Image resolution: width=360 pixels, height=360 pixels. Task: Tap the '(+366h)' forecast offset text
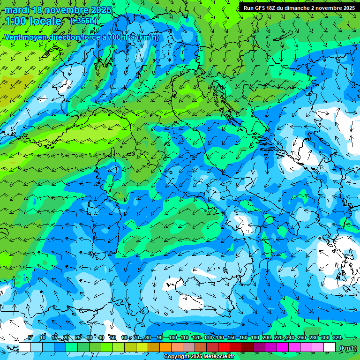[x=83, y=21]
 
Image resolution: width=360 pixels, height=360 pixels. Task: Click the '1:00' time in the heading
[x=15, y=21]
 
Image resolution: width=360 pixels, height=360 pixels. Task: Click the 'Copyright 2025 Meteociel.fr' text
[x=202, y=357]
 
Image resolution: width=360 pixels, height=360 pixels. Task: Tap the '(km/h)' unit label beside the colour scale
[x=347, y=348]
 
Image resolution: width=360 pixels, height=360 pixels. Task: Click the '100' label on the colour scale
[x=172, y=338]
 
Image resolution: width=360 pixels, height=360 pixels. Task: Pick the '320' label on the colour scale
[x=337, y=338]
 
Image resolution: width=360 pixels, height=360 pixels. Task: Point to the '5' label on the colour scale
[x=30, y=338]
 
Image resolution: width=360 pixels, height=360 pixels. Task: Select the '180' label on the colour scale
[x=255, y=338]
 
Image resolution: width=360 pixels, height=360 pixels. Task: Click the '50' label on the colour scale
[x=112, y=338]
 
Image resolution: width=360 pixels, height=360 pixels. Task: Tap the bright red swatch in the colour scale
[x=224, y=347]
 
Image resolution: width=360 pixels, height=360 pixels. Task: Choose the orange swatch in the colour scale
[x=165, y=347]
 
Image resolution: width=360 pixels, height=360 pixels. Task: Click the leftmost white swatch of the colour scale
[x=25, y=347]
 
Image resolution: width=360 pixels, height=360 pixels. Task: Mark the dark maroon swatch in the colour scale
[x=247, y=347]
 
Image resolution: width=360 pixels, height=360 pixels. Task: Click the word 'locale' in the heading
[x=45, y=21]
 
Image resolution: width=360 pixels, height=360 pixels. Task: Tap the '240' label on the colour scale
[x=290, y=338]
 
